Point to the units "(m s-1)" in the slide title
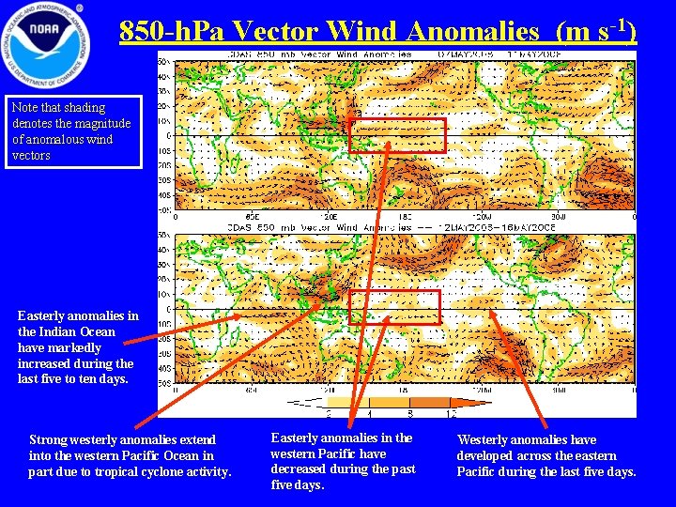pyautogui.click(x=596, y=30)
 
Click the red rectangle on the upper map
pyautogui.click(x=396, y=135)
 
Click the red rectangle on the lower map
pyautogui.click(x=393, y=307)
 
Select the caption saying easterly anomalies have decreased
pyautogui.click(x=342, y=461)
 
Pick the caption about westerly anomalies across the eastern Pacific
pyautogui.click(x=546, y=455)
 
